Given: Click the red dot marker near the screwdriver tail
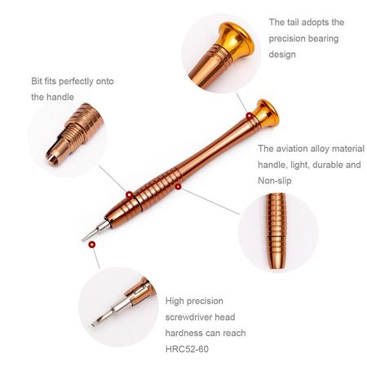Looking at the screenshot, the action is [250, 116].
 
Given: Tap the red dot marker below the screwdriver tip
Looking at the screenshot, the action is [92, 245].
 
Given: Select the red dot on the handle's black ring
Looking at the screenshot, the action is [130, 195].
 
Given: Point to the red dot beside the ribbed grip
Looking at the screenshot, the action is [178, 187].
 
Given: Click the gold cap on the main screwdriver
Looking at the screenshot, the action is [267, 113].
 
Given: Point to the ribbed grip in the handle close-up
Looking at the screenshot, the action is [276, 231].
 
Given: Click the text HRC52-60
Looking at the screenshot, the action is [187, 349].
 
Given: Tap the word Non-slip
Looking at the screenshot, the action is [275, 180].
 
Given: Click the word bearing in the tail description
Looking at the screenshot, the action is [323, 38].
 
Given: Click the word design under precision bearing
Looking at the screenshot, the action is [282, 55].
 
